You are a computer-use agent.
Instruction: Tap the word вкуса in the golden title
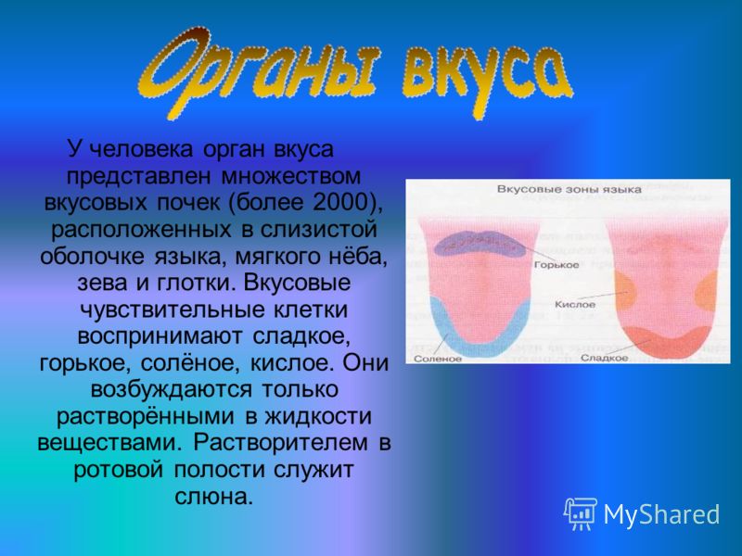[488, 78]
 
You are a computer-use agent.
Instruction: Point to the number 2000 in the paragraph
[339, 202]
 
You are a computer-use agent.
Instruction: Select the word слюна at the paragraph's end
[214, 497]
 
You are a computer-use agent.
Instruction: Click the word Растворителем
[280, 443]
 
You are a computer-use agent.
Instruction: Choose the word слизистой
[319, 230]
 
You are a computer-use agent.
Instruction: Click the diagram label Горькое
[556, 265]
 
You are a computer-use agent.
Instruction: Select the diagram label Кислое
[575, 305]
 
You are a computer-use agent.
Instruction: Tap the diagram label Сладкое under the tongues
[605, 358]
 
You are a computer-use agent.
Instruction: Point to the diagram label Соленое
[438, 359]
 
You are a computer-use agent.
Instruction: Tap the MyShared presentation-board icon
[581, 513]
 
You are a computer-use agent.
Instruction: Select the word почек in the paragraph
[189, 203]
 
